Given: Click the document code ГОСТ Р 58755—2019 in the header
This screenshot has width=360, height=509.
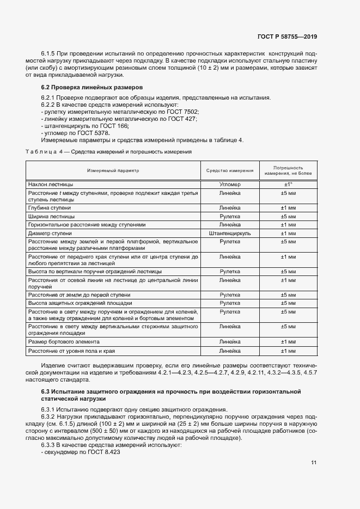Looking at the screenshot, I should [287, 36].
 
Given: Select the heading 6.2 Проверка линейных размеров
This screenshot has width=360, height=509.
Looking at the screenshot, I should [92, 87].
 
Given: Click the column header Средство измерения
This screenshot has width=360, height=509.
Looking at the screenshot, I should [229, 170].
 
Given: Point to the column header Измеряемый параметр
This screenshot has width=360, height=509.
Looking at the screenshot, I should [113, 170].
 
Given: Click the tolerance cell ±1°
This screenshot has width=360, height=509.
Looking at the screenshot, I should [288, 185].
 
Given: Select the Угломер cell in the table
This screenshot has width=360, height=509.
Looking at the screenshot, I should [229, 185].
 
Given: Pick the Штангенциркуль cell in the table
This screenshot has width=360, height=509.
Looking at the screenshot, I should [229, 233].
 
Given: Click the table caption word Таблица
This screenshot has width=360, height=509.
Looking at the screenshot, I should [40, 152].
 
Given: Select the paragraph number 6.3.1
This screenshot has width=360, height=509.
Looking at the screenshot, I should [50, 410].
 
